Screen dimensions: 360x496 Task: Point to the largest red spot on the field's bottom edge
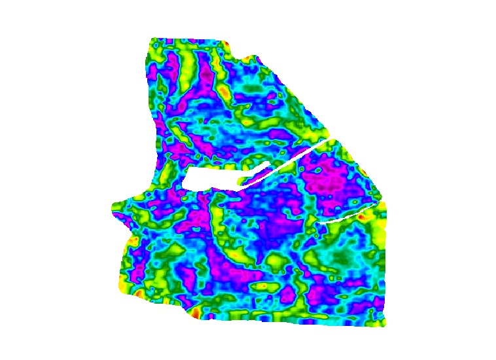pos(195,314)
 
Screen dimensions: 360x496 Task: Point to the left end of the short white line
pos(319,223)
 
